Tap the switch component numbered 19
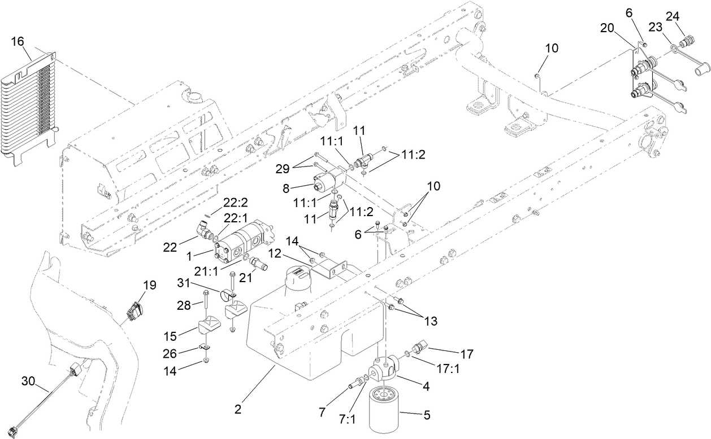coord(136,311)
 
